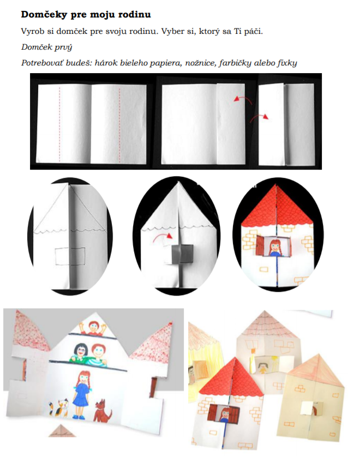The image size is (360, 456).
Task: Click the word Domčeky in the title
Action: pyautogui.click(x=44, y=15)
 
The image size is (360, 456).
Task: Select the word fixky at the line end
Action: pyautogui.click(x=287, y=63)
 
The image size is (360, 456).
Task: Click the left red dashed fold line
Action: pyautogui.click(x=59, y=124)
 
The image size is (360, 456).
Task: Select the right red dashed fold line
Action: pyautogui.click(x=119, y=124)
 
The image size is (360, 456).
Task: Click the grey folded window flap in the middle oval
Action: pyautogui.click(x=182, y=254)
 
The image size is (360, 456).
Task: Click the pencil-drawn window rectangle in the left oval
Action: pyautogui.click(x=70, y=256)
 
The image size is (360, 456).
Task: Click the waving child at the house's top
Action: pyautogui.click(x=93, y=327)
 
